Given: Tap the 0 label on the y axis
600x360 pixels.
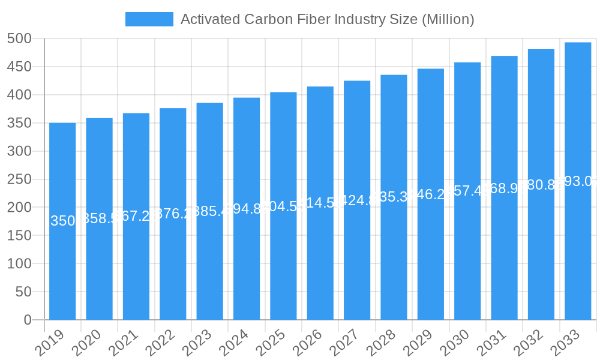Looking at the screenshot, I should (x=28, y=320).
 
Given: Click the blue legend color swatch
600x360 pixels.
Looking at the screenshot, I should (x=149, y=19).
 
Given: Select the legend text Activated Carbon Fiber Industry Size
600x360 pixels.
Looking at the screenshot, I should (x=327, y=19).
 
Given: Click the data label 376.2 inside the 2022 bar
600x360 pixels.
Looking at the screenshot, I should (x=173, y=214).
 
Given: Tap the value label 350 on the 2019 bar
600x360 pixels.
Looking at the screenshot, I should (x=62, y=221).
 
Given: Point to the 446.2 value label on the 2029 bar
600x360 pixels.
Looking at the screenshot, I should (x=430, y=194).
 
